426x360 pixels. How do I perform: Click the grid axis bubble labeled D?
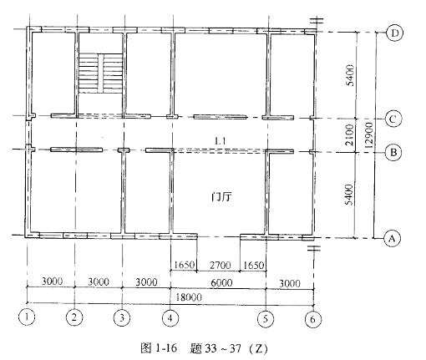click(x=394, y=33)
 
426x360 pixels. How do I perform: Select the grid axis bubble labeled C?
click(x=393, y=119)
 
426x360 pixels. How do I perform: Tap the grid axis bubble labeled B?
click(x=393, y=152)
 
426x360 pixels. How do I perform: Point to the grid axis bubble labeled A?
click(x=392, y=239)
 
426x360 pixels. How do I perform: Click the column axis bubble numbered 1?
click(x=27, y=317)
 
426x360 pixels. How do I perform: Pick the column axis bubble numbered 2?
click(x=74, y=317)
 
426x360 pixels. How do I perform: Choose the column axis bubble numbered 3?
click(x=122, y=317)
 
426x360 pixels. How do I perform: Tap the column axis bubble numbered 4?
click(x=170, y=318)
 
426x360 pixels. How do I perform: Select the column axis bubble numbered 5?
click(x=266, y=318)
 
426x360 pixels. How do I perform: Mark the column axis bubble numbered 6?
click(x=312, y=319)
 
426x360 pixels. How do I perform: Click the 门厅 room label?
click(x=221, y=197)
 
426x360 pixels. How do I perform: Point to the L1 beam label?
click(x=221, y=141)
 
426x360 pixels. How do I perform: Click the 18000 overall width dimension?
click(x=189, y=297)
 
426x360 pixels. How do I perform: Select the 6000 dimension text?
click(x=221, y=283)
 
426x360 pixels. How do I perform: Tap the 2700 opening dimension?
click(x=220, y=265)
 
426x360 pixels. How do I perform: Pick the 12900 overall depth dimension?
click(x=368, y=135)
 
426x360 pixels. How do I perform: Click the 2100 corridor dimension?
click(x=349, y=135)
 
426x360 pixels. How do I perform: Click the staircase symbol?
click(x=100, y=74)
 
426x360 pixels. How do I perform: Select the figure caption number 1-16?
click(x=165, y=348)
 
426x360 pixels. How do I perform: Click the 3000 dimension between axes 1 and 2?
click(x=52, y=281)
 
